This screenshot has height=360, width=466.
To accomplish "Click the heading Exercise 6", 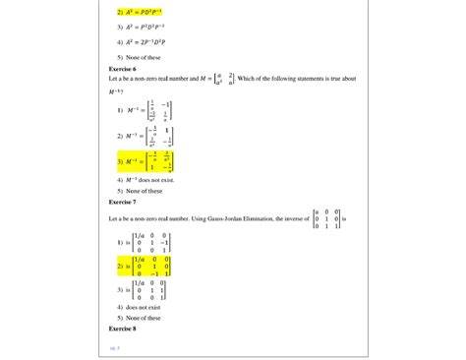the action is click(122, 70).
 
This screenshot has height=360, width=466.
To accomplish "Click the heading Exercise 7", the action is click(122, 201).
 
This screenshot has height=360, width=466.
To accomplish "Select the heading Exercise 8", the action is click(122, 328).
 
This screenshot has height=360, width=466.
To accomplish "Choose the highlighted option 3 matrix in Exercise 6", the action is click(146, 161).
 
